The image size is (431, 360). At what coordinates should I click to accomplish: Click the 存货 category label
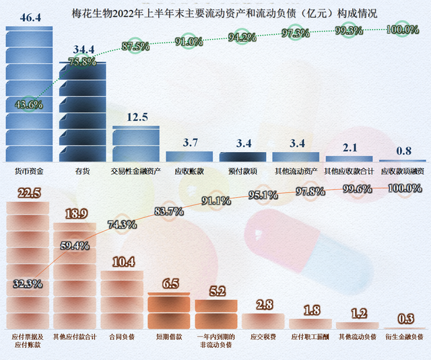(82, 172)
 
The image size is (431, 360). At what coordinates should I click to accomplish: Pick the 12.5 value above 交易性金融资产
(137, 118)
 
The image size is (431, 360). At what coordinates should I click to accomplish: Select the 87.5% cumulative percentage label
(135, 46)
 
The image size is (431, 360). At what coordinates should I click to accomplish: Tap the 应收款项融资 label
(403, 172)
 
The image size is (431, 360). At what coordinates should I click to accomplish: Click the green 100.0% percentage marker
(402, 30)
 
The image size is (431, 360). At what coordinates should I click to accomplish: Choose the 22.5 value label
(28, 194)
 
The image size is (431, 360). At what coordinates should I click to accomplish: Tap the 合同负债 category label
(121, 335)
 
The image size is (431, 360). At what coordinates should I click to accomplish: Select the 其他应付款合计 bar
(75, 276)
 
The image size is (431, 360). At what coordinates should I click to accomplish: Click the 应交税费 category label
(263, 335)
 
